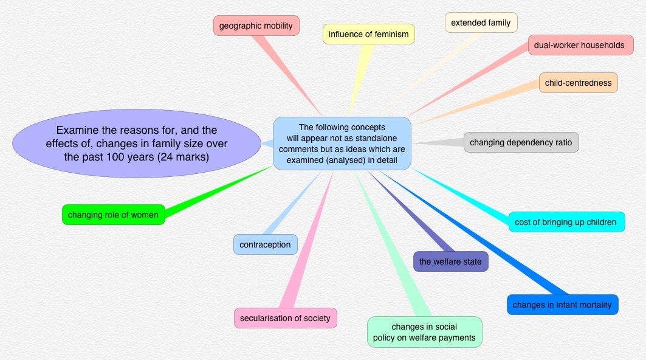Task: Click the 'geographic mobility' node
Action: click(256, 26)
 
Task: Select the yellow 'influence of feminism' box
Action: click(368, 34)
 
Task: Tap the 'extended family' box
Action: click(481, 23)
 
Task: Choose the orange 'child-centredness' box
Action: click(578, 83)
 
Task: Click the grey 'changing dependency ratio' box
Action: click(521, 142)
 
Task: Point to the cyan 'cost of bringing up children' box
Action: click(566, 222)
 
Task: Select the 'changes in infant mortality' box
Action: click(562, 305)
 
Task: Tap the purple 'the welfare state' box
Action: click(450, 261)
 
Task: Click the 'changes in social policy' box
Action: click(424, 332)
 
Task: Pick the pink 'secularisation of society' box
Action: click(285, 318)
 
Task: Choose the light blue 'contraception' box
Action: click(265, 244)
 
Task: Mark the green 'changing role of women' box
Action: click(113, 215)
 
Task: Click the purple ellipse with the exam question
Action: click(136, 144)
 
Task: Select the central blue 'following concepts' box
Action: click(342, 144)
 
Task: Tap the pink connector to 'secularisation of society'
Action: click(310, 243)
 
